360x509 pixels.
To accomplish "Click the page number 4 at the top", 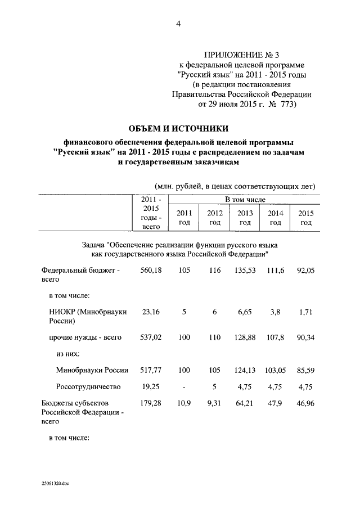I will pyautogui.click(x=178, y=23).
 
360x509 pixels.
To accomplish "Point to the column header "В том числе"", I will pyautogui.click(x=245, y=200).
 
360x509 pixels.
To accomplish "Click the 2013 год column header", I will pyautogui.click(x=245, y=218).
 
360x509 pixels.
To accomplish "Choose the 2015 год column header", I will pyautogui.click(x=305, y=218).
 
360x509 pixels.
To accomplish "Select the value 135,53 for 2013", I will pyautogui.click(x=245, y=271).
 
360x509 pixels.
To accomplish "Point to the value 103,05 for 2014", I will pyautogui.click(x=275, y=371).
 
